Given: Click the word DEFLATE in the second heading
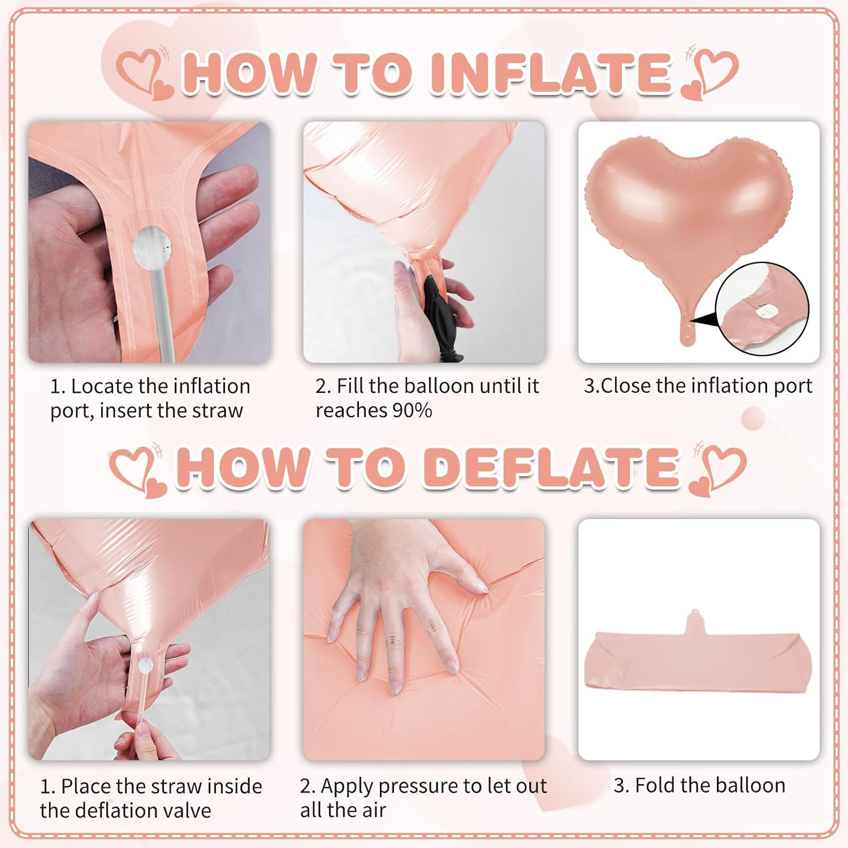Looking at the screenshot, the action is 552,468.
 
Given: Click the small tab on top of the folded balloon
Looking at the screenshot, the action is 695,622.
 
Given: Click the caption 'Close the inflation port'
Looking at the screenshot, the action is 698,386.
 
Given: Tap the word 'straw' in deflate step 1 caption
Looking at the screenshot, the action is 173,786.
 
